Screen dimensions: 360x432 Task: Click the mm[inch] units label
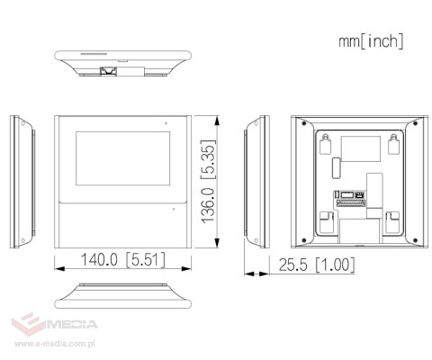pyautogui.click(x=371, y=41)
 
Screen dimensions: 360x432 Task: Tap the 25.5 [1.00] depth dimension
pyautogui.click(x=316, y=265)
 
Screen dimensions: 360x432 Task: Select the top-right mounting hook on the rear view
pyautogui.click(x=393, y=142)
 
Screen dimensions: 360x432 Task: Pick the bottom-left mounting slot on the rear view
pyautogui.click(x=325, y=219)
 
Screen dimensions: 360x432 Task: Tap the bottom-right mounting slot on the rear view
pyautogui.click(x=392, y=219)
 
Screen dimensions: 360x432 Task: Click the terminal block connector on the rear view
pyautogui.click(x=350, y=195)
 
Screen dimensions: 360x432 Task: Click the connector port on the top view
pyautogui.click(x=109, y=67)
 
